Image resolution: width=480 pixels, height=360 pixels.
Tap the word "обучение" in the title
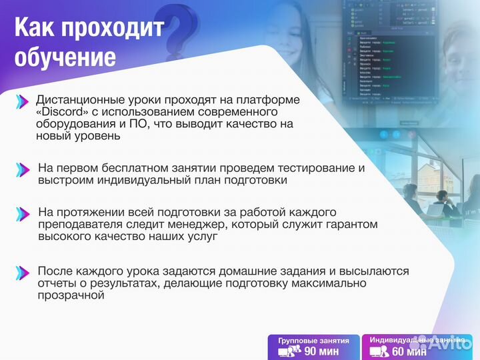[x=65, y=57]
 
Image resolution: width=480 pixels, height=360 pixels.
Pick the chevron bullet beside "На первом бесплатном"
[x=22, y=169]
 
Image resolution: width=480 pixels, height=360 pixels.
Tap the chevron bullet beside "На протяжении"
[x=22, y=214]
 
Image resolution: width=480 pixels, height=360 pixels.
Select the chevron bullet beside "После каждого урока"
[x=22, y=272]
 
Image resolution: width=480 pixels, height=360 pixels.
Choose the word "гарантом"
[x=351, y=224]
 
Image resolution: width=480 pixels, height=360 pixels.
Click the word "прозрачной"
[x=72, y=295]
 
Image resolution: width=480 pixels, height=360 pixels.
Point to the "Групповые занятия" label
[x=313, y=340]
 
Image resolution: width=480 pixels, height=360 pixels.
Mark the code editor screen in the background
[x=387, y=60]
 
